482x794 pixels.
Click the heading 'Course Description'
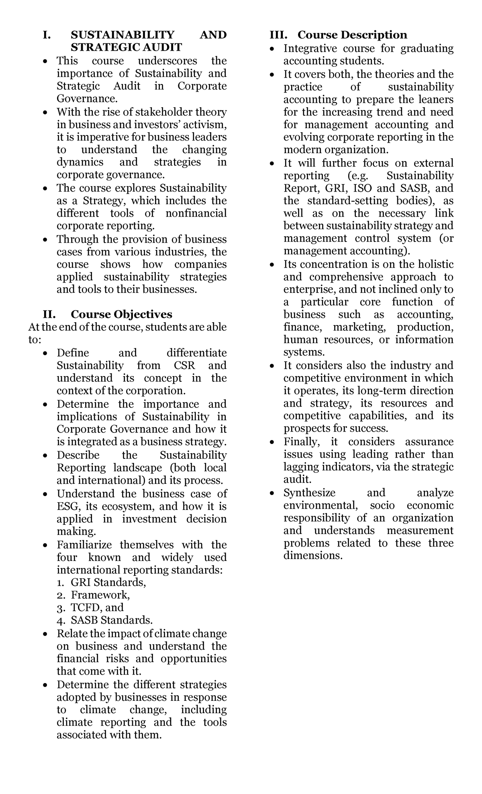tap(352, 35)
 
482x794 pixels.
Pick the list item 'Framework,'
tap(100, 595)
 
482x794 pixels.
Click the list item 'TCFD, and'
tap(97, 608)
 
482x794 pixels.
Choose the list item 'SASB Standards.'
tap(112, 620)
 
